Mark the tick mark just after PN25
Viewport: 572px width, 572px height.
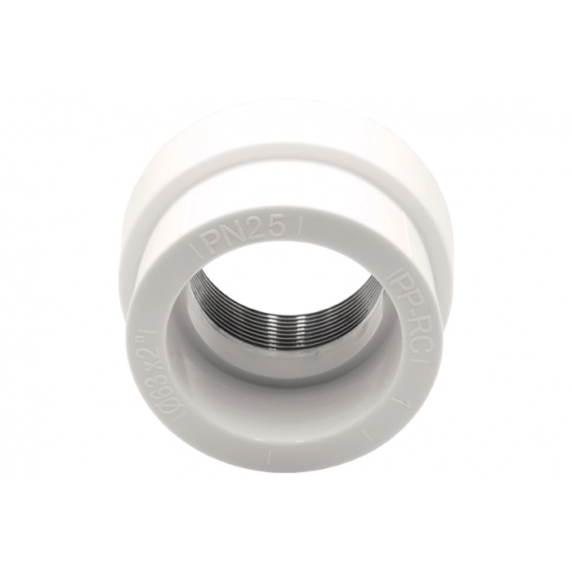pos(299,230)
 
